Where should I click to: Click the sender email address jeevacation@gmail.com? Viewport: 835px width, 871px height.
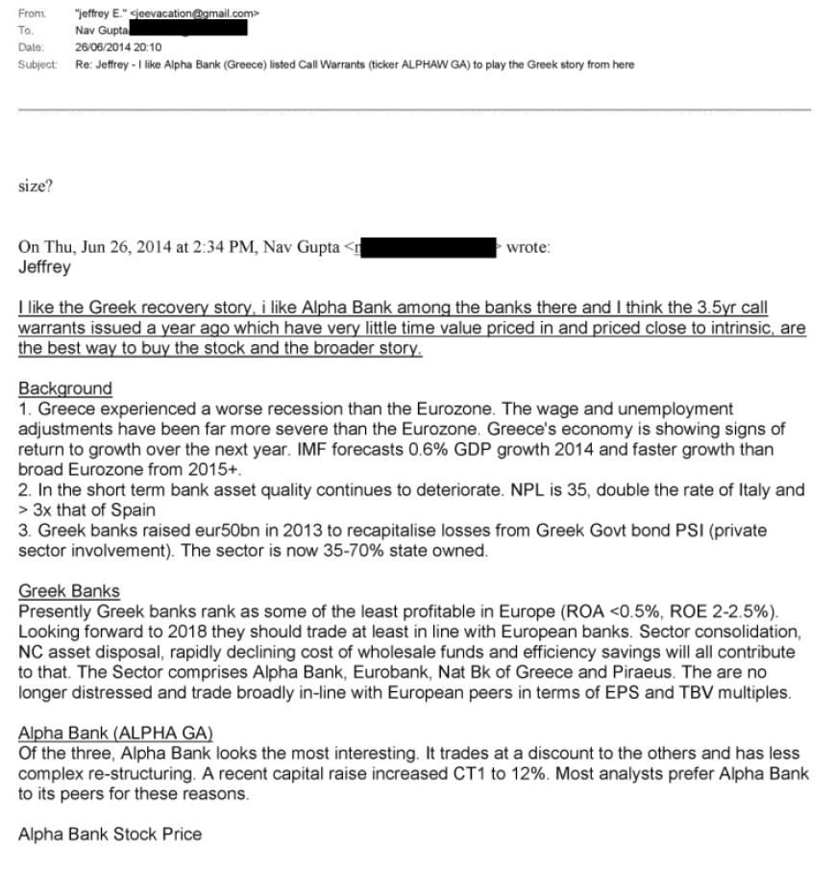(198, 13)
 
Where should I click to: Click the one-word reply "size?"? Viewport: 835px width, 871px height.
(36, 186)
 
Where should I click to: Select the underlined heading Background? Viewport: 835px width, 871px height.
(64, 388)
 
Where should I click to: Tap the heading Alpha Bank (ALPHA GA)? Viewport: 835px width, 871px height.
(115, 734)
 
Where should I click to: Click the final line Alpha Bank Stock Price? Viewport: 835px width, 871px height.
(110, 834)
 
